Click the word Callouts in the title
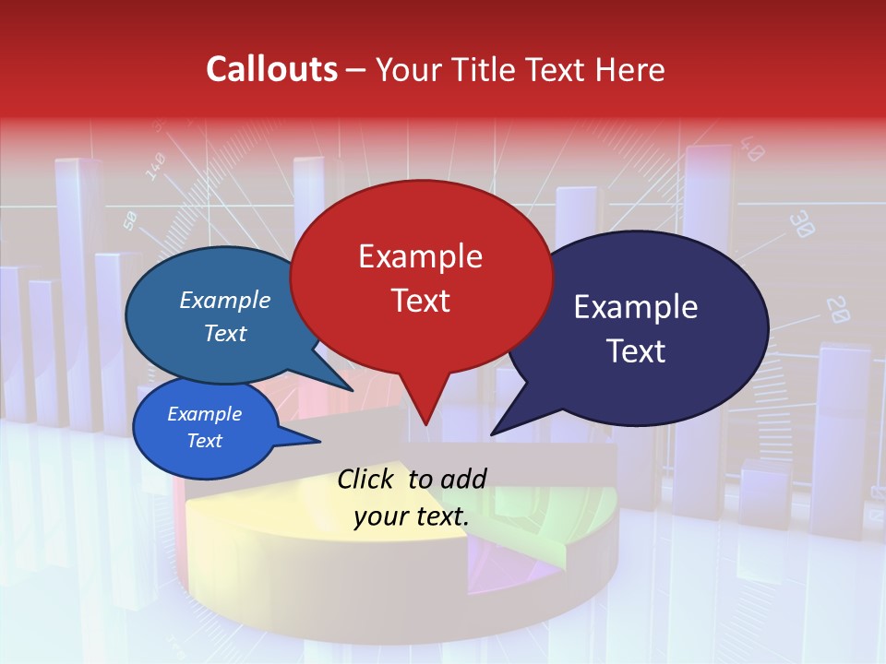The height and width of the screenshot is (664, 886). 271,69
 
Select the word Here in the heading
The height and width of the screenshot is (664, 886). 629,69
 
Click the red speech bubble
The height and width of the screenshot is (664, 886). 421,277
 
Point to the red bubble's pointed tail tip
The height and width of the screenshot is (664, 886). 425,425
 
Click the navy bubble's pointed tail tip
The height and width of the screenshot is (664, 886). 493,433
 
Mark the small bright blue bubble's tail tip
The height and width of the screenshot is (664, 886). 319,443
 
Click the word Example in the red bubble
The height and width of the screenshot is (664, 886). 420,256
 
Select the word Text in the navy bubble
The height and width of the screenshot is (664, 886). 636,351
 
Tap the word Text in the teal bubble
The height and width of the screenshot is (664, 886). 225,334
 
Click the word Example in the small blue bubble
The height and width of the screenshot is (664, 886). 205,415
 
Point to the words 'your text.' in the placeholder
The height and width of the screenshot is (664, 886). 412,517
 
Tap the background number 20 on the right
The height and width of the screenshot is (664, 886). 837,310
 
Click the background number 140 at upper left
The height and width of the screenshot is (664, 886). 155,165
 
